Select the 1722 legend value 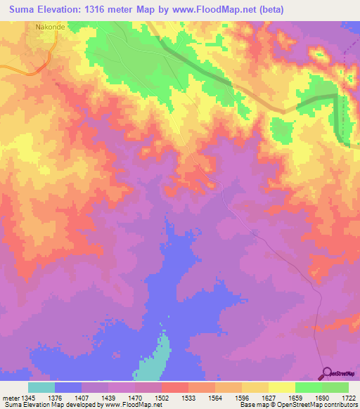pyautogui.click(x=349, y=398)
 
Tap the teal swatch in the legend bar pyautogui.click(x=41, y=387)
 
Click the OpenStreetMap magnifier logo pyautogui.click(x=328, y=373)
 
